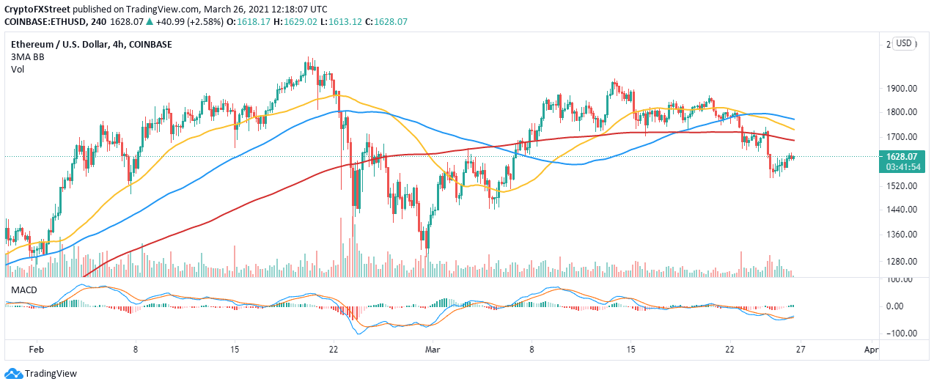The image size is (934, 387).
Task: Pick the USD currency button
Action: pyautogui.click(x=903, y=43)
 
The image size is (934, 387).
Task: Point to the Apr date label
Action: pyautogui.click(x=871, y=350)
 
